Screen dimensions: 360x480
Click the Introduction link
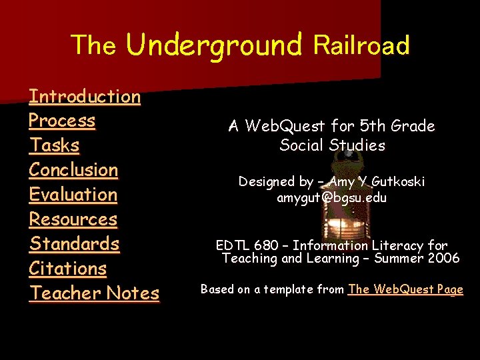pyautogui.click(x=85, y=97)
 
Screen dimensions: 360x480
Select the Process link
pyautogui.click(x=62, y=121)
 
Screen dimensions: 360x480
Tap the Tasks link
pyautogui.click(x=54, y=145)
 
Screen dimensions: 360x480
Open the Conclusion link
pyautogui.click(x=73, y=170)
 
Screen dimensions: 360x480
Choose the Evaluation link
pyautogui.click(x=73, y=195)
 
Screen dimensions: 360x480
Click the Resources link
pyautogui.click(x=73, y=219)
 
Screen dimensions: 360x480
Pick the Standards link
pyautogui.click(x=74, y=244)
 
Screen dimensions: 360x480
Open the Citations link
pyautogui.click(x=67, y=269)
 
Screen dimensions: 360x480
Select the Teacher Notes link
pyautogui.click(x=94, y=293)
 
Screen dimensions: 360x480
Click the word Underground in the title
pyautogui.click(x=214, y=45)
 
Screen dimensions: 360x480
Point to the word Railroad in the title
pyautogui.click(x=361, y=45)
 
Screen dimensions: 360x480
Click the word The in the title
pyautogui.click(x=93, y=45)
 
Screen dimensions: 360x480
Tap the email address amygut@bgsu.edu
pyautogui.click(x=331, y=198)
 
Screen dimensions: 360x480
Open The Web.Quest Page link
pyautogui.click(x=405, y=289)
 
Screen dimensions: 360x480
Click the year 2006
pyautogui.click(x=443, y=259)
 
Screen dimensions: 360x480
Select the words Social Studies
pyautogui.click(x=332, y=145)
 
